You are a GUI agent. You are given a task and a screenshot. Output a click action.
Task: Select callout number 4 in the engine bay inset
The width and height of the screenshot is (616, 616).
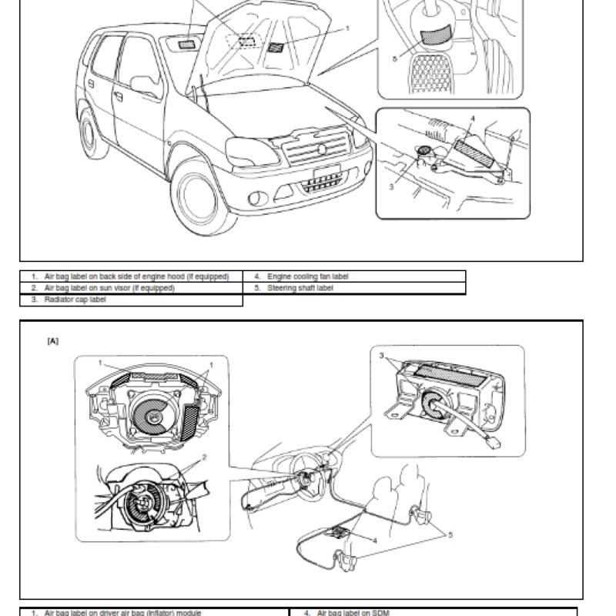(x=473, y=120)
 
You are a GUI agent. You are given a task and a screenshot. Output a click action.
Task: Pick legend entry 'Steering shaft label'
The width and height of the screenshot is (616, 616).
(x=300, y=288)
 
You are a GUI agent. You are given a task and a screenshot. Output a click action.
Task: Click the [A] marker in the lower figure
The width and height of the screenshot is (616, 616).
(x=52, y=340)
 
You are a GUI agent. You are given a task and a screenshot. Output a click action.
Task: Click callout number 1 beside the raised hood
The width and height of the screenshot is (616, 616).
(x=347, y=28)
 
